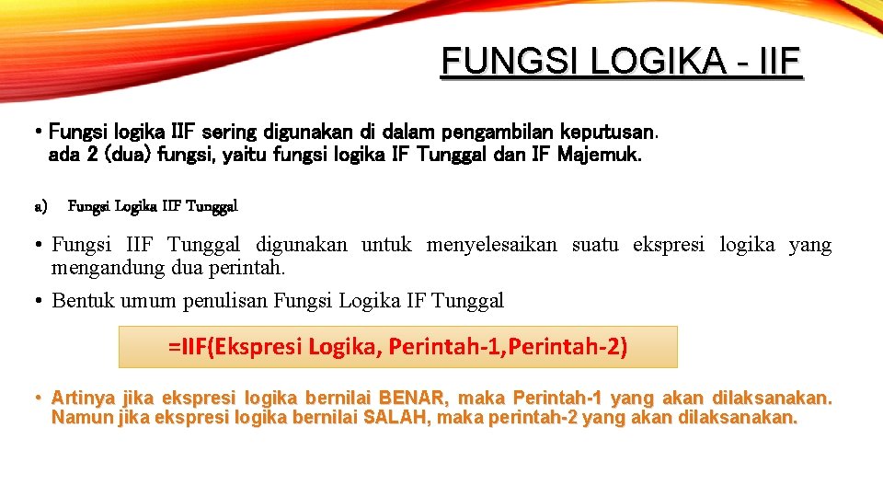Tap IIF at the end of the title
click(x=781, y=62)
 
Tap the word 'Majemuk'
click(x=599, y=155)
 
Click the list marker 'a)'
click(x=40, y=206)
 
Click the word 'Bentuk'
click(x=85, y=300)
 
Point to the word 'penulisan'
click(x=230, y=300)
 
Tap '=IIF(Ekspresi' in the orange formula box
click(x=235, y=347)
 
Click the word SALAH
click(x=396, y=418)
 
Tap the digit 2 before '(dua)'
click(x=93, y=155)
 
